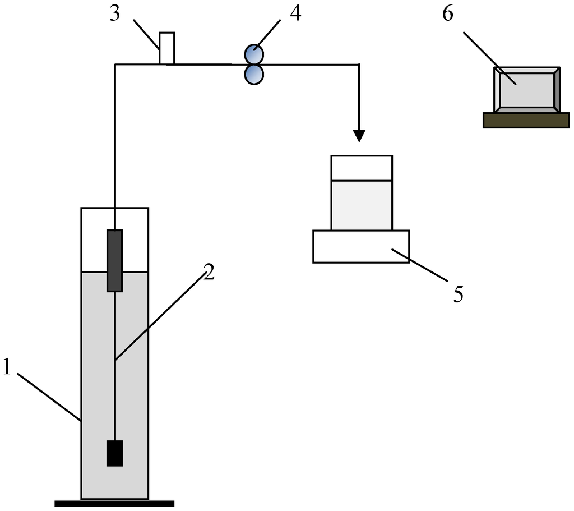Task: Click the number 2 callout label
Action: (x=209, y=273)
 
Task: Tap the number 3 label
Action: (x=115, y=13)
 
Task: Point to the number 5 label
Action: (x=458, y=294)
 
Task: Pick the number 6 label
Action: (x=448, y=13)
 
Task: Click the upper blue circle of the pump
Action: (x=254, y=54)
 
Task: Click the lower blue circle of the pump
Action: (x=254, y=74)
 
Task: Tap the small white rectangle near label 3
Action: (x=166, y=48)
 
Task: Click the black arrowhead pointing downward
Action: (x=359, y=136)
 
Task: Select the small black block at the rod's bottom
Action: (x=114, y=453)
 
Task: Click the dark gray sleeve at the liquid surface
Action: (x=114, y=261)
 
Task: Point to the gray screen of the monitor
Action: (x=526, y=90)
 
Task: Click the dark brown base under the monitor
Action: (x=526, y=121)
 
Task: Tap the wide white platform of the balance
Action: (x=361, y=246)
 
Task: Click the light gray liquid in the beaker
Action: (x=362, y=205)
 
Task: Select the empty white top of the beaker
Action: (x=362, y=168)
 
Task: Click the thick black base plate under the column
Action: (x=114, y=503)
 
